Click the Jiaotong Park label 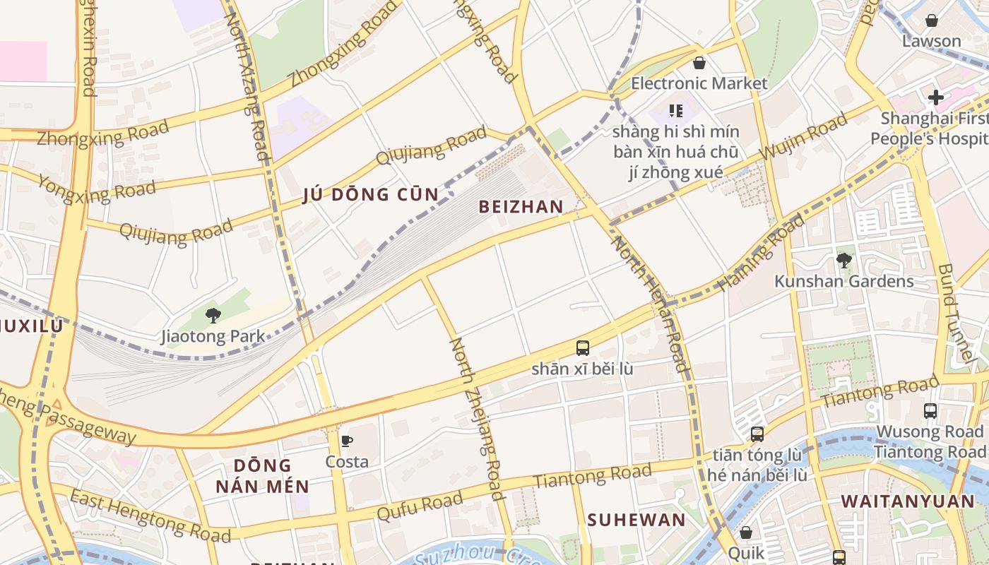pos(213,336)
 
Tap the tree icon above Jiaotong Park pos(213,315)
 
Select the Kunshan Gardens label pos(843,281)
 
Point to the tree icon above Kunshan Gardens pos(843,260)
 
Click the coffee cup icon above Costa pos(347,441)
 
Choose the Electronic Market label pos(699,83)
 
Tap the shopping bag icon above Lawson pos(932,20)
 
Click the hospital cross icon pos(936,97)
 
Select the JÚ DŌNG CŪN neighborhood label pos(371,195)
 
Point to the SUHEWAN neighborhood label pos(636,521)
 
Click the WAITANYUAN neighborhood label pos(907,501)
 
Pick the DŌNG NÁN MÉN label pos(262,475)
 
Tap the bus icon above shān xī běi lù pos(583,347)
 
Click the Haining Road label pos(761,253)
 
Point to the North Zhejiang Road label pos(478,418)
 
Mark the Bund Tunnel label pos(956,315)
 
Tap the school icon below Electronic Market pos(676,111)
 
